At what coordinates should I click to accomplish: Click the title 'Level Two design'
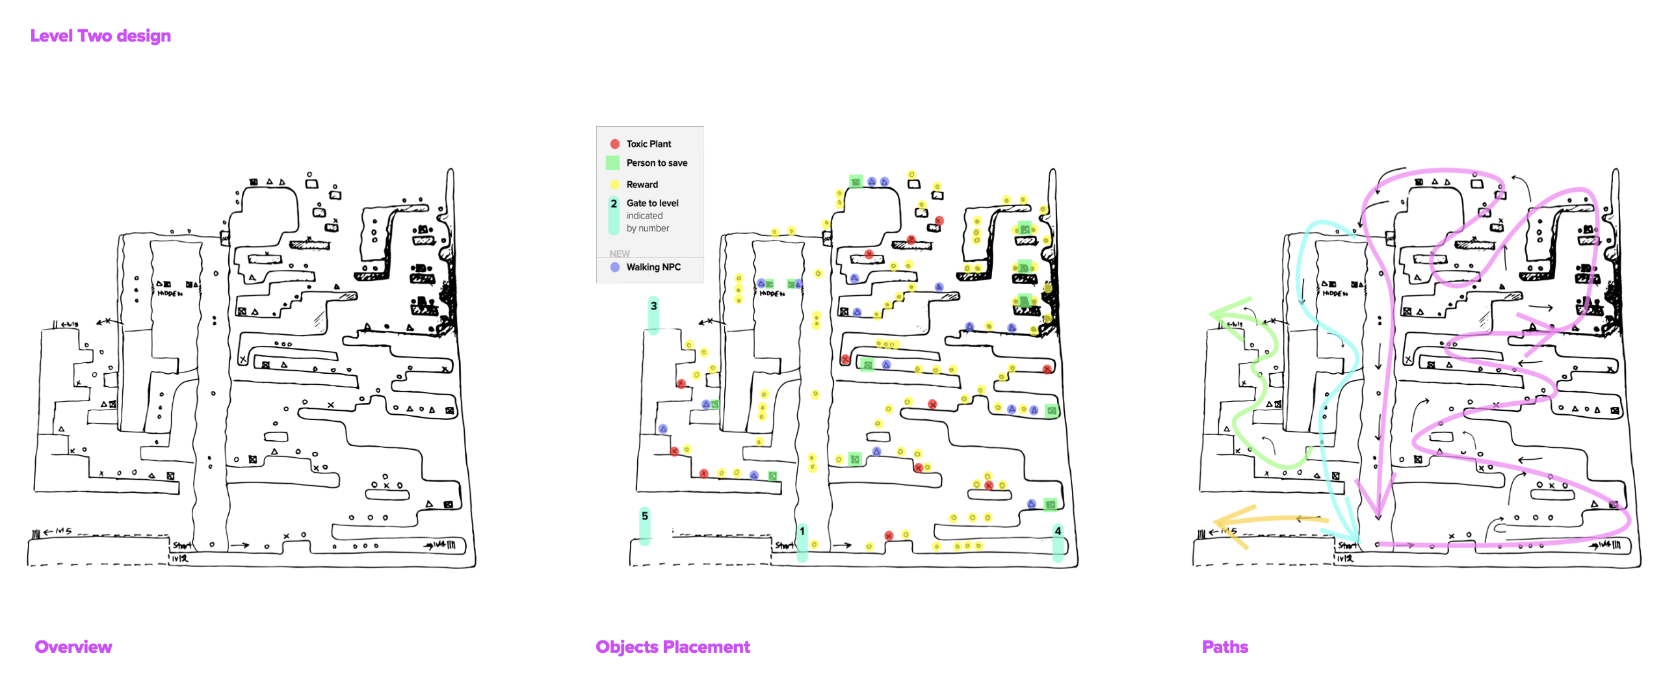(100, 36)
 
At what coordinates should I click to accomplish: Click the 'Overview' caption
(73, 646)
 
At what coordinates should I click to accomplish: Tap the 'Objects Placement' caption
(672, 646)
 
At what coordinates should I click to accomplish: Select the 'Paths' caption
(1224, 646)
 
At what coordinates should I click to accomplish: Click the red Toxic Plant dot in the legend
(614, 144)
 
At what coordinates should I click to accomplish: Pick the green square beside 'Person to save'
(612, 163)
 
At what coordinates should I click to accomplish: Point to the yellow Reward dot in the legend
(614, 184)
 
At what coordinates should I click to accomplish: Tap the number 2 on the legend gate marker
(614, 204)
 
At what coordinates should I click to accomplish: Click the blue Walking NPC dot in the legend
(614, 267)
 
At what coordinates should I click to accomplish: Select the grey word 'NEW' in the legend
(619, 254)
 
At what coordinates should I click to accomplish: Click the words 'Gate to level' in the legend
(652, 203)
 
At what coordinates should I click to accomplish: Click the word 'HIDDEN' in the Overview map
(170, 294)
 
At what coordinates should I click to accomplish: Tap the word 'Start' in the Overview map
(181, 546)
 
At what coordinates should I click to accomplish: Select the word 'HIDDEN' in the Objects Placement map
(772, 294)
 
